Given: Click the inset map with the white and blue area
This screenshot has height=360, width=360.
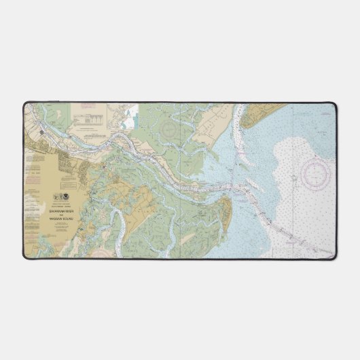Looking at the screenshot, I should [125, 117].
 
